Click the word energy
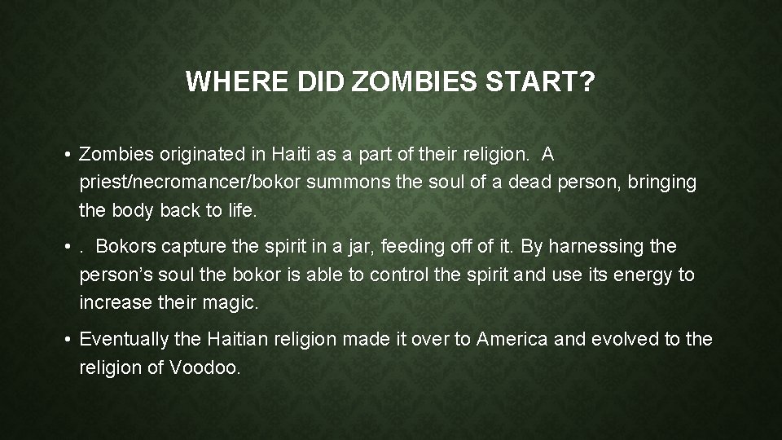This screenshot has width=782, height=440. coord(643,275)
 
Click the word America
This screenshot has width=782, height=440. coord(512,338)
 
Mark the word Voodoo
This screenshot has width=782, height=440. coord(204,367)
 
